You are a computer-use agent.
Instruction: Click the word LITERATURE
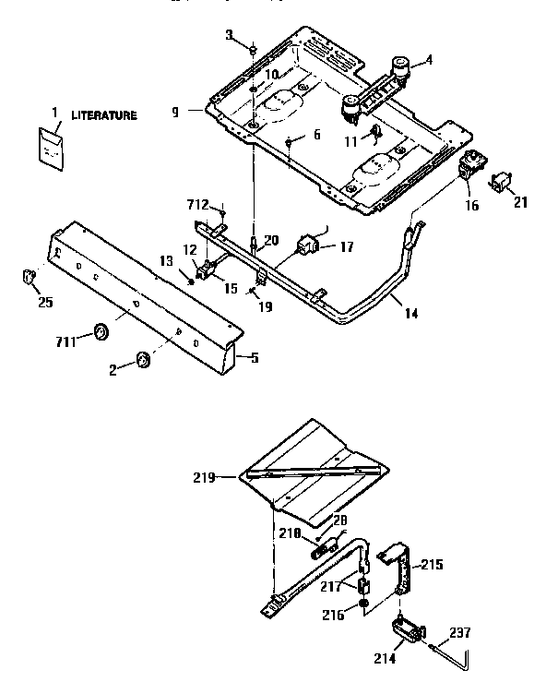[x=104, y=115]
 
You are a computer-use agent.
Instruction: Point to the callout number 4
[x=427, y=62]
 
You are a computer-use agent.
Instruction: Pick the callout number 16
[x=472, y=206]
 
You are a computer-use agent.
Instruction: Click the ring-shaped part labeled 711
[x=101, y=330]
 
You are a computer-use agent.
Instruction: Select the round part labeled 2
[x=144, y=359]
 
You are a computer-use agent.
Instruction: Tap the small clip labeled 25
[x=29, y=275]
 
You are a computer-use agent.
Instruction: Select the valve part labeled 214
[x=405, y=631]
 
